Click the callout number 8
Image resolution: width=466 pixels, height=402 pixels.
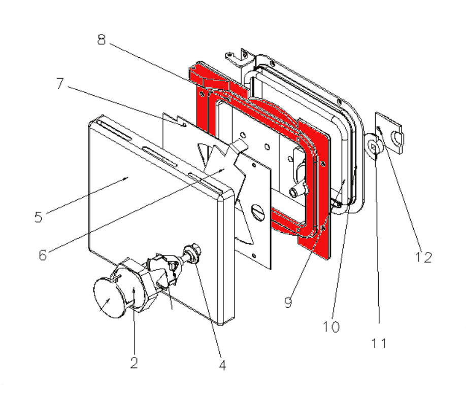point(102,40)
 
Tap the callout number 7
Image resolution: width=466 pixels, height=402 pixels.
point(60,84)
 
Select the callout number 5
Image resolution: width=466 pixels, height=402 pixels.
point(39,216)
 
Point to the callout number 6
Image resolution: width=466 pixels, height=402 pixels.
point(43,253)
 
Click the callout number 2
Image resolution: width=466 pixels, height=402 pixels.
point(134,362)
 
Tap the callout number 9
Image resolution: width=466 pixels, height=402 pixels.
point(288,303)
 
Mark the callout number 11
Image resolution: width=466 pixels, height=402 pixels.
point(379,343)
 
